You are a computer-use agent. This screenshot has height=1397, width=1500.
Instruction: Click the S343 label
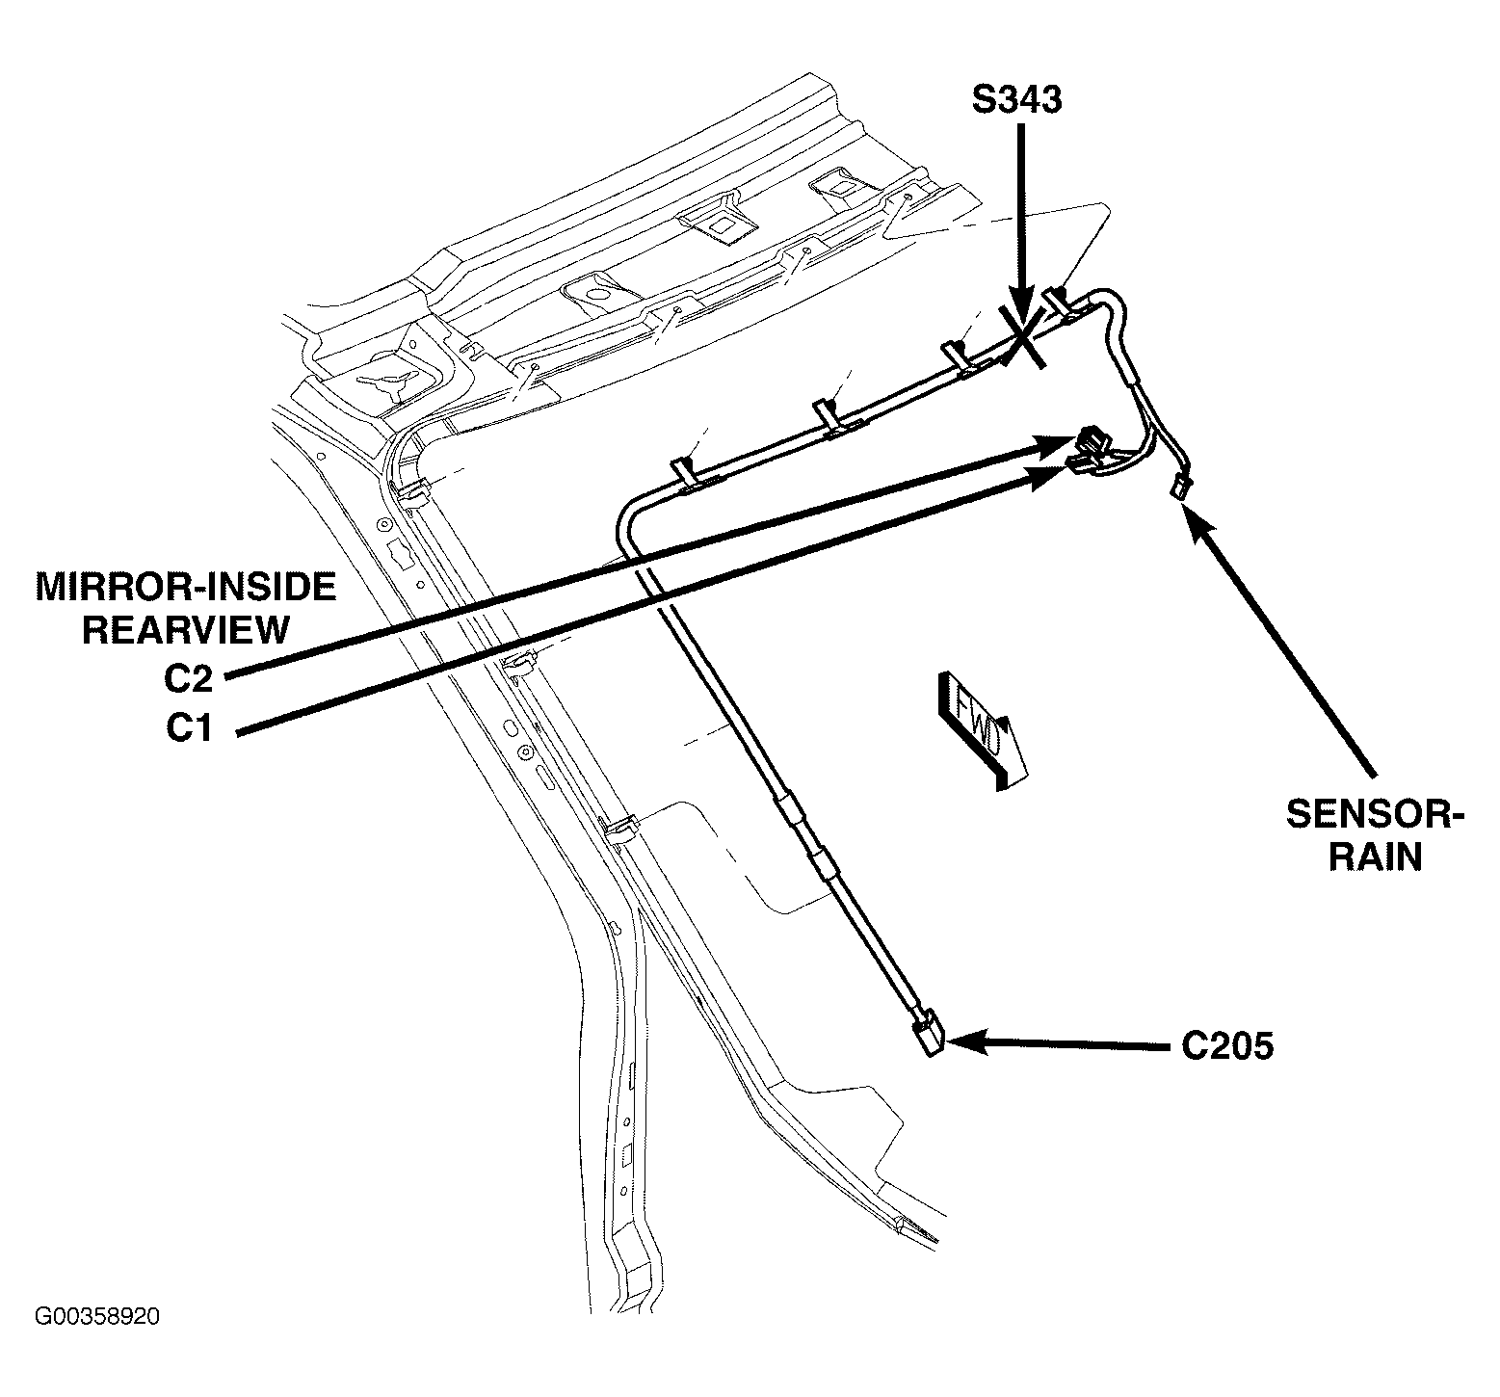click(1016, 100)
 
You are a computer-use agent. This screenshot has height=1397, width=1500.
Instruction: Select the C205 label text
click(1227, 1045)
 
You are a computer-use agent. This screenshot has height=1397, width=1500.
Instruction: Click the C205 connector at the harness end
click(928, 1035)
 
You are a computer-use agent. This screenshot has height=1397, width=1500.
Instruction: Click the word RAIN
click(1375, 857)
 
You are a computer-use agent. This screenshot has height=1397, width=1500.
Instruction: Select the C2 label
click(187, 679)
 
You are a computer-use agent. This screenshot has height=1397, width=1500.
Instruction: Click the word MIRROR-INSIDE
click(186, 586)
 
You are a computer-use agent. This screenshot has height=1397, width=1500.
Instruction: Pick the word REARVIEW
click(186, 629)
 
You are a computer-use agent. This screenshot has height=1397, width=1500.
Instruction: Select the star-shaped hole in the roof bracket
click(390, 380)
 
